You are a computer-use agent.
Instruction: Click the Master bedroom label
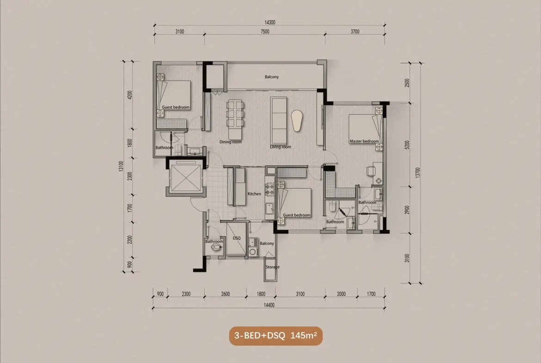[364, 141]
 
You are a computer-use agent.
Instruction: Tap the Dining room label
[230, 142]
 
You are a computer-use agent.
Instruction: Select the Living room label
[281, 147]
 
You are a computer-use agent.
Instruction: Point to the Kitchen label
[254, 194]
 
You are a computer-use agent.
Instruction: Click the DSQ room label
[237, 238]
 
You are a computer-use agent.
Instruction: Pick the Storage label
[272, 267]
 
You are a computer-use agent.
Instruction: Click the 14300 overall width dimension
[270, 23]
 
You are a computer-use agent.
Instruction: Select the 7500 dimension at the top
[264, 31]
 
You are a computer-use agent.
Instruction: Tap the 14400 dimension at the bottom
[269, 305]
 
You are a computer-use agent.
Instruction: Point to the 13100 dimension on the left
[121, 166]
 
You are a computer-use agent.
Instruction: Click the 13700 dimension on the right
[418, 172]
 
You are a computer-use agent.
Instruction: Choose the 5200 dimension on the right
[407, 145]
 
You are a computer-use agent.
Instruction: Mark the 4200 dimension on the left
[130, 95]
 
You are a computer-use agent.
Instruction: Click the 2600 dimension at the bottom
[225, 294]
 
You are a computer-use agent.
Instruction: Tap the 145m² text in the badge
[304, 335]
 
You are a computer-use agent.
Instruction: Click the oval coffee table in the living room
[297, 120]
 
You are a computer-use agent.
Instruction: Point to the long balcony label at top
[271, 77]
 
